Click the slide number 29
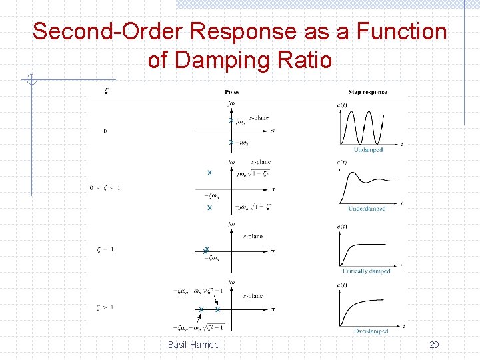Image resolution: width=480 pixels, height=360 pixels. point(434,344)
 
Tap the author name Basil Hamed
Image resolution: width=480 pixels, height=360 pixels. point(193,344)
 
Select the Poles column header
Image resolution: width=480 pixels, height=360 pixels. point(232,92)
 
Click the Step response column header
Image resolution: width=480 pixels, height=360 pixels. point(365,92)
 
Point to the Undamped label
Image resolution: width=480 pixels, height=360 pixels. point(368,150)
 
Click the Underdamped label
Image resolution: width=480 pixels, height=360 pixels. point(367,209)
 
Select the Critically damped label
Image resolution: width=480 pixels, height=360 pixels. point(367,271)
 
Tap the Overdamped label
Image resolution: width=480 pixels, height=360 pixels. point(371,331)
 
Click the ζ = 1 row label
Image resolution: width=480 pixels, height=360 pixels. point(105,249)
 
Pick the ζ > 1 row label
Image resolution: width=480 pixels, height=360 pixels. point(105,307)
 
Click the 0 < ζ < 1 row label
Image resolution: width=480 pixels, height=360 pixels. point(105,188)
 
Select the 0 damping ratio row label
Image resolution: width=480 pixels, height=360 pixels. point(105,131)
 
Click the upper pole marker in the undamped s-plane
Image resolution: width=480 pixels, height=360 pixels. point(231,121)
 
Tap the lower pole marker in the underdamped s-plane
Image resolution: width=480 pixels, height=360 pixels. point(209,208)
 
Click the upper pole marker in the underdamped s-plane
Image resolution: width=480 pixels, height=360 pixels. point(209,173)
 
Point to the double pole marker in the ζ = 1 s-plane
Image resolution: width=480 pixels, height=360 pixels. point(207,251)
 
